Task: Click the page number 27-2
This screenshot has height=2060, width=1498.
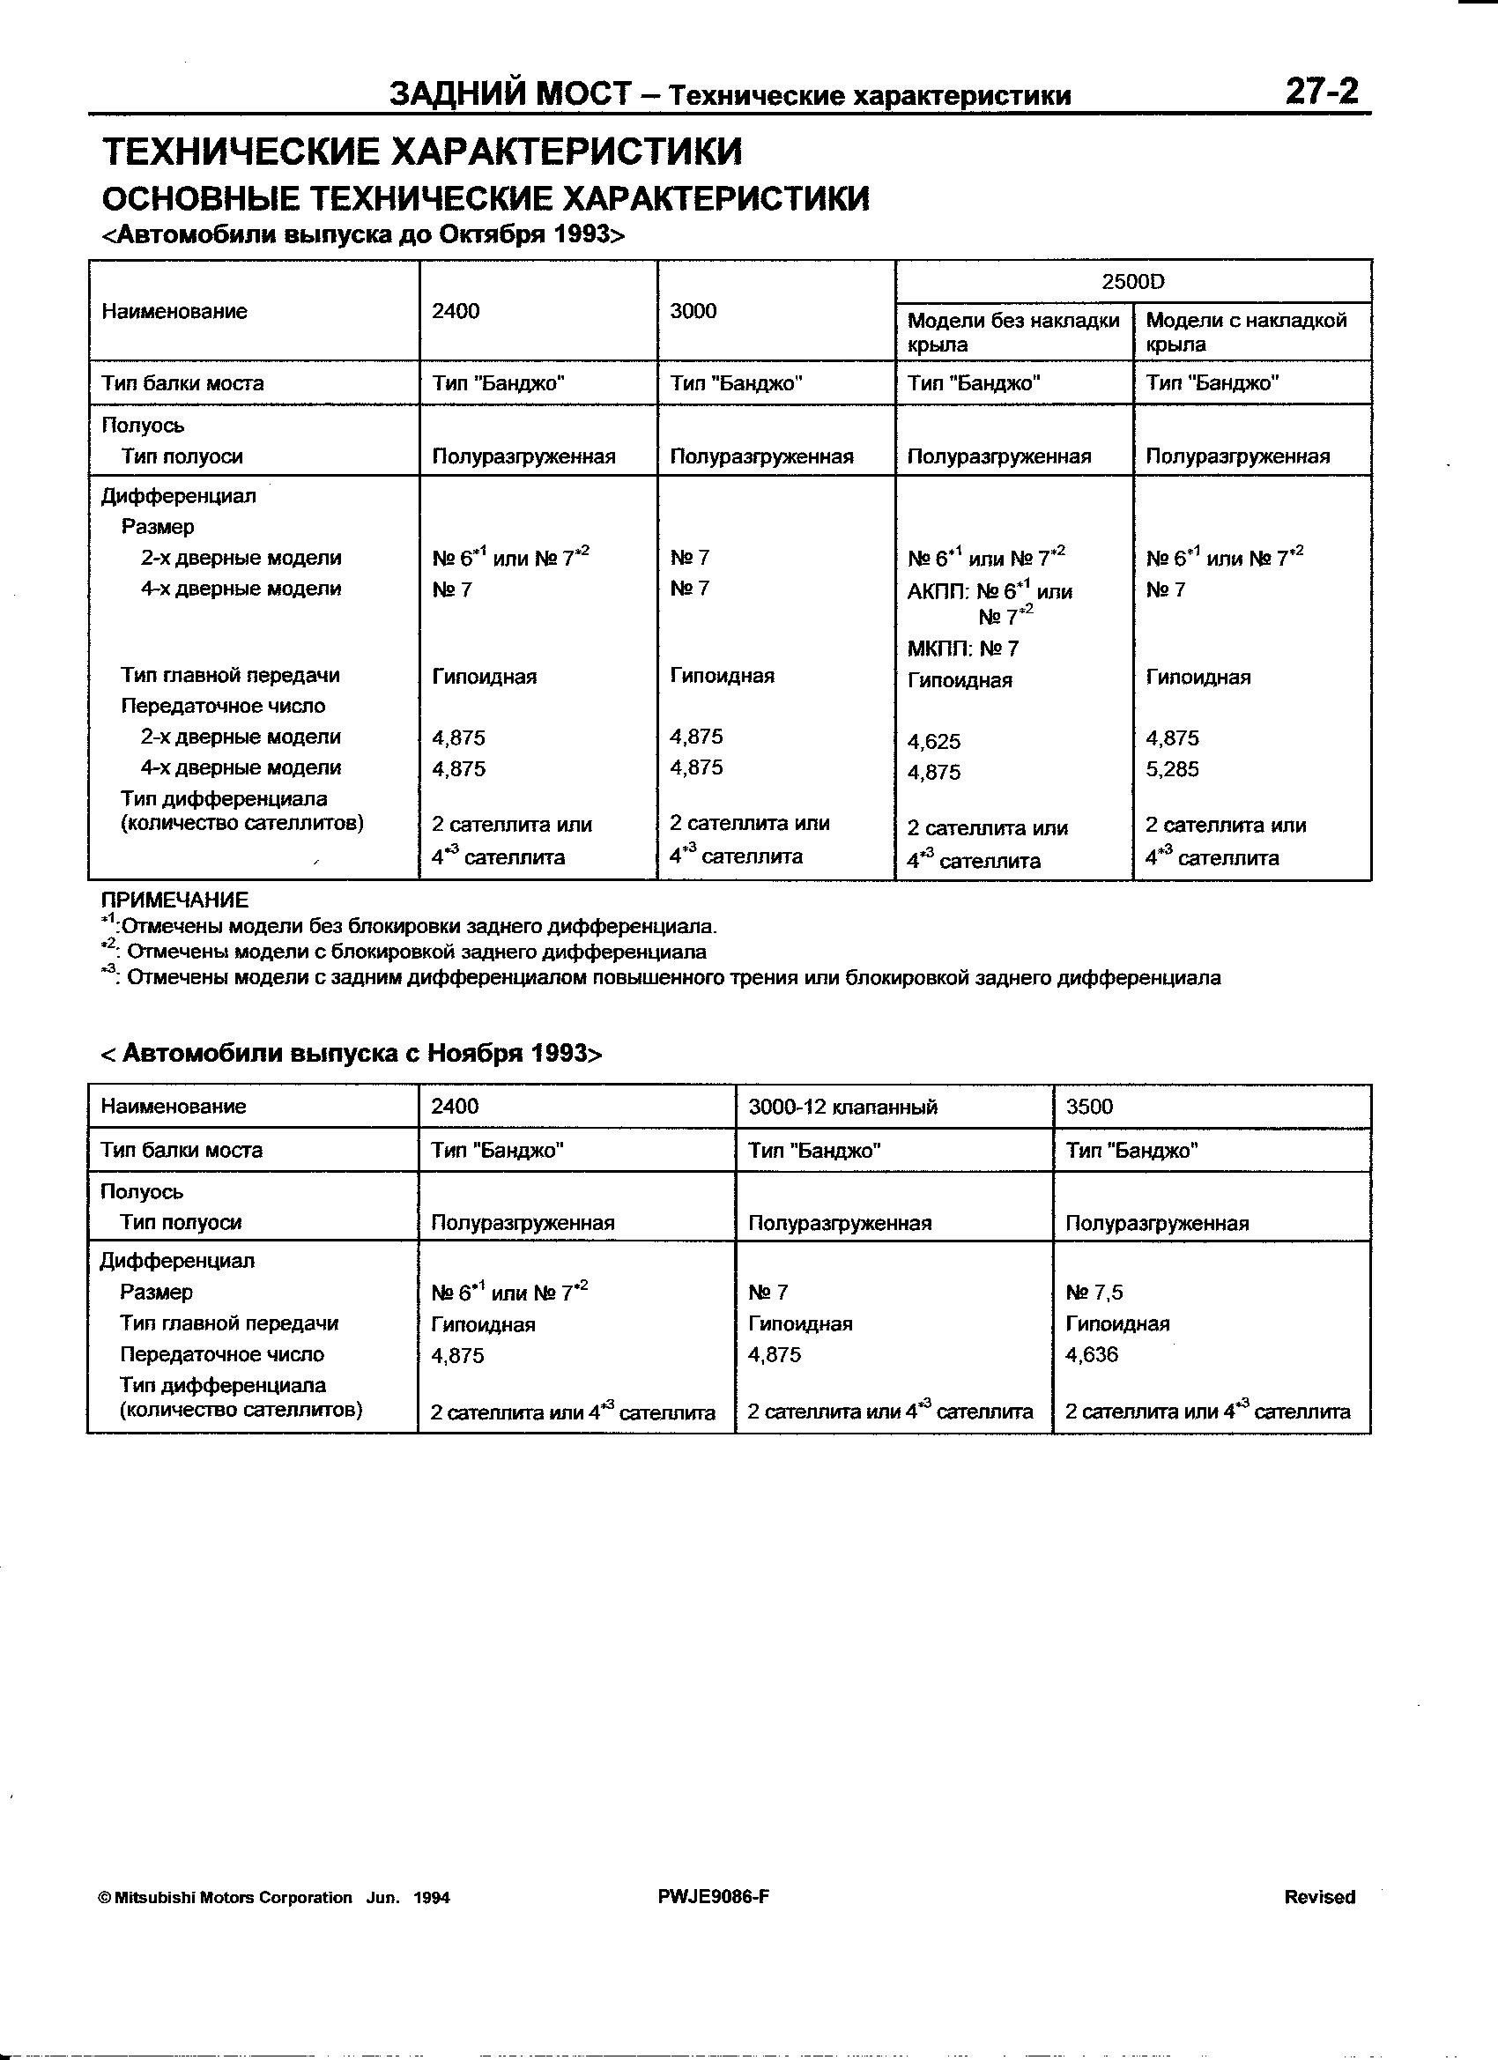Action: [x=1321, y=92]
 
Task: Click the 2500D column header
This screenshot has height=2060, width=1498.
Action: [x=1132, y=282]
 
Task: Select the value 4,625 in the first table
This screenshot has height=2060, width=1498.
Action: [x=934, y=741]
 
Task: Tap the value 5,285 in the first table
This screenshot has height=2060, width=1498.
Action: [x=1172, y=769]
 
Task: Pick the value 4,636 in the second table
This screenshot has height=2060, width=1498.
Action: [x=1092, y=1355]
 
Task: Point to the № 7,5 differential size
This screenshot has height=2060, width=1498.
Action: [x=1094, y=1292]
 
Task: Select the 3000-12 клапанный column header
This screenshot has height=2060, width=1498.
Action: [x=842, y=1107]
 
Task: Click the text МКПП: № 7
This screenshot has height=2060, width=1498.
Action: [x=963, y=648]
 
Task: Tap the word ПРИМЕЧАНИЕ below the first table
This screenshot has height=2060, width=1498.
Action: [x=174, y=900]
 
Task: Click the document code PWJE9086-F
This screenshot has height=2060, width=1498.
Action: [x=714, y=1896]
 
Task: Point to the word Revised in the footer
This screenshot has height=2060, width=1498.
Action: [x=1319, y=1896]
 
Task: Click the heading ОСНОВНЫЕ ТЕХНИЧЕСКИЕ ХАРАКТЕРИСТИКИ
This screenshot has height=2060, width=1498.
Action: [x=486, y=198]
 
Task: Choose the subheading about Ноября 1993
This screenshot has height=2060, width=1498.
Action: [x=352, y=1054]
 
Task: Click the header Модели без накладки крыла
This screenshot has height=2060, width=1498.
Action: [x=1012, y=331]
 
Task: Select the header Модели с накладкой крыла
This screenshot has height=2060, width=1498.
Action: [x=1245, y=331]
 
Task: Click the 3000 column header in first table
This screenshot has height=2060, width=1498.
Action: [x=693, y=312]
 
